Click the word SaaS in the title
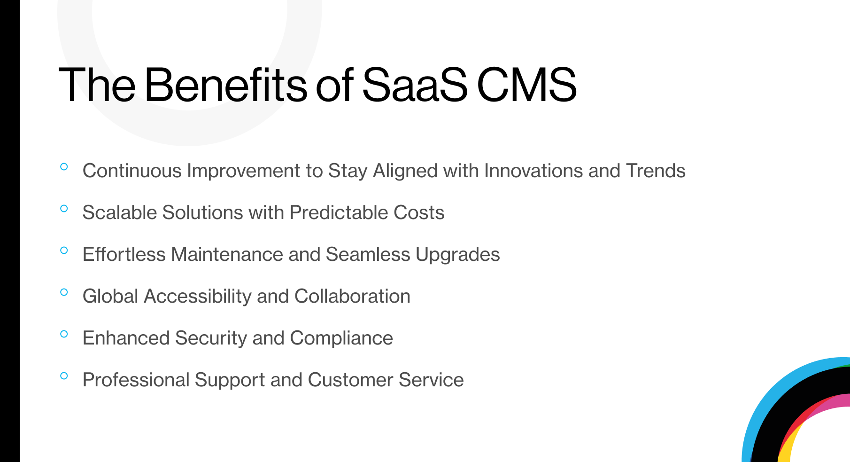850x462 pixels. click(415, 85)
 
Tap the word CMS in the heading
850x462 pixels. click(527, 85)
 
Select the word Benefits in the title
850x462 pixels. click(225, 85)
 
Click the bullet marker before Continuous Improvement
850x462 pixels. click(64, 166)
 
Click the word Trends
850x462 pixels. click(656, 171)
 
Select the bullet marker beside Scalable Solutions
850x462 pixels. click(64, 208)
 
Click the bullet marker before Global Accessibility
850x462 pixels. click(64, 292)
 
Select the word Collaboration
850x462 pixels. click(352, 296)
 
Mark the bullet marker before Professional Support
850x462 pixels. click(64, 376)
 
